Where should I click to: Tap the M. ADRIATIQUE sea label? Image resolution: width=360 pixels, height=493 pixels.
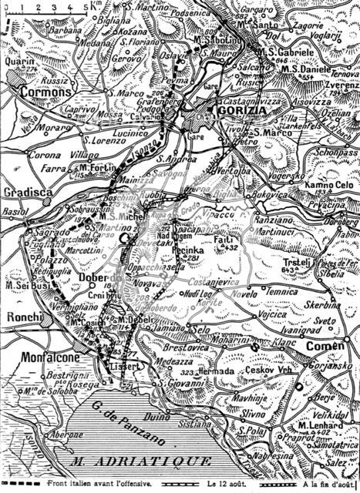tap(140, 461)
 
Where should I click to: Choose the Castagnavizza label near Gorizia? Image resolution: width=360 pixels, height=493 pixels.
tap(251, 100)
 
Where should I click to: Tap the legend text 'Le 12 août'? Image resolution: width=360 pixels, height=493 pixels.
tap(230, 485)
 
